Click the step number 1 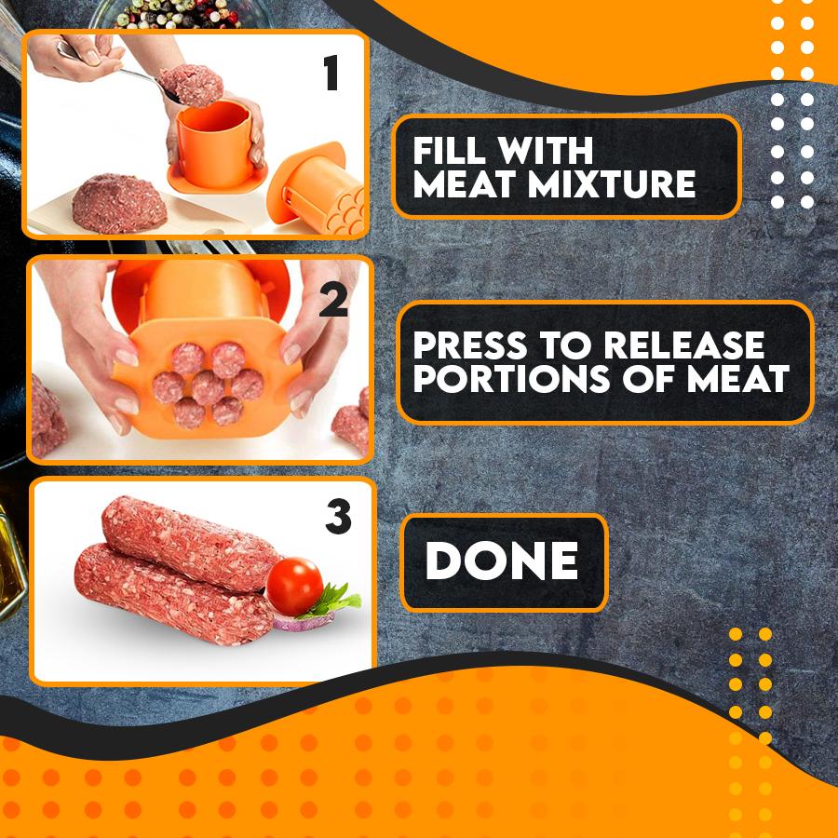[331, 74]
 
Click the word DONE [502, 561]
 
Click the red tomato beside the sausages [294, 587]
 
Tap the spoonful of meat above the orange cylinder [192, 85]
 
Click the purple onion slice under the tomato [296, 622]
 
